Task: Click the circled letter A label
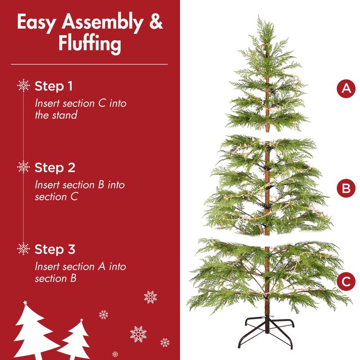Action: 346,88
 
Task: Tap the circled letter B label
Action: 346,189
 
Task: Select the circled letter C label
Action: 346,282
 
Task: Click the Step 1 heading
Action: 54,85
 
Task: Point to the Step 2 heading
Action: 55,167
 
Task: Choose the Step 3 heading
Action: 55,249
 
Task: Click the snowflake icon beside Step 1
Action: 23,85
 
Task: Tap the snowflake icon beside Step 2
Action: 23,167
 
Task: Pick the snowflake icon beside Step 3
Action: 23,249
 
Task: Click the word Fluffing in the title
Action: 90,44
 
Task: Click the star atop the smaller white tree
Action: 81,320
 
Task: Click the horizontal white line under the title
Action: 90,64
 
